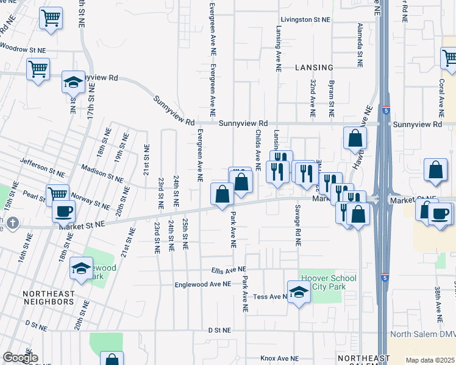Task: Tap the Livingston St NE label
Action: click(305, 19)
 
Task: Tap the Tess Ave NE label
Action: click(269, 297)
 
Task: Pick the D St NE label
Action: click(219, 330)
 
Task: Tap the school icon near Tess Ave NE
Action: click(298, 293)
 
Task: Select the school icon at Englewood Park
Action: click(81, 268)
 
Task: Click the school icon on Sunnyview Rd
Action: click(73, 82)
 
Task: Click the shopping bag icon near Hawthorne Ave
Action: click(355, 139)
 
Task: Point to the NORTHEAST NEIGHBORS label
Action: click(49, 297)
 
